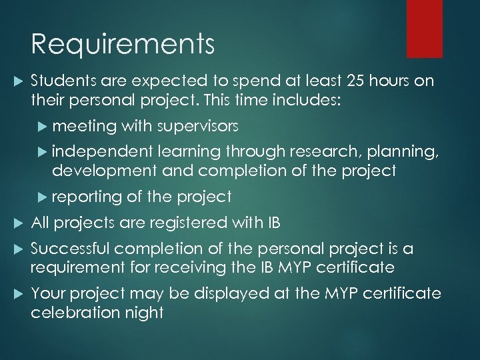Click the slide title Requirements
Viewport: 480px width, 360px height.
[123, 45]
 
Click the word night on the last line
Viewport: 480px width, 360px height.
[146, 312]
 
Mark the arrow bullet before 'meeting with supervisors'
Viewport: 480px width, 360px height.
[45, 126]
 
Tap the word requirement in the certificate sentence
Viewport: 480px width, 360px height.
[75, 267]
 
